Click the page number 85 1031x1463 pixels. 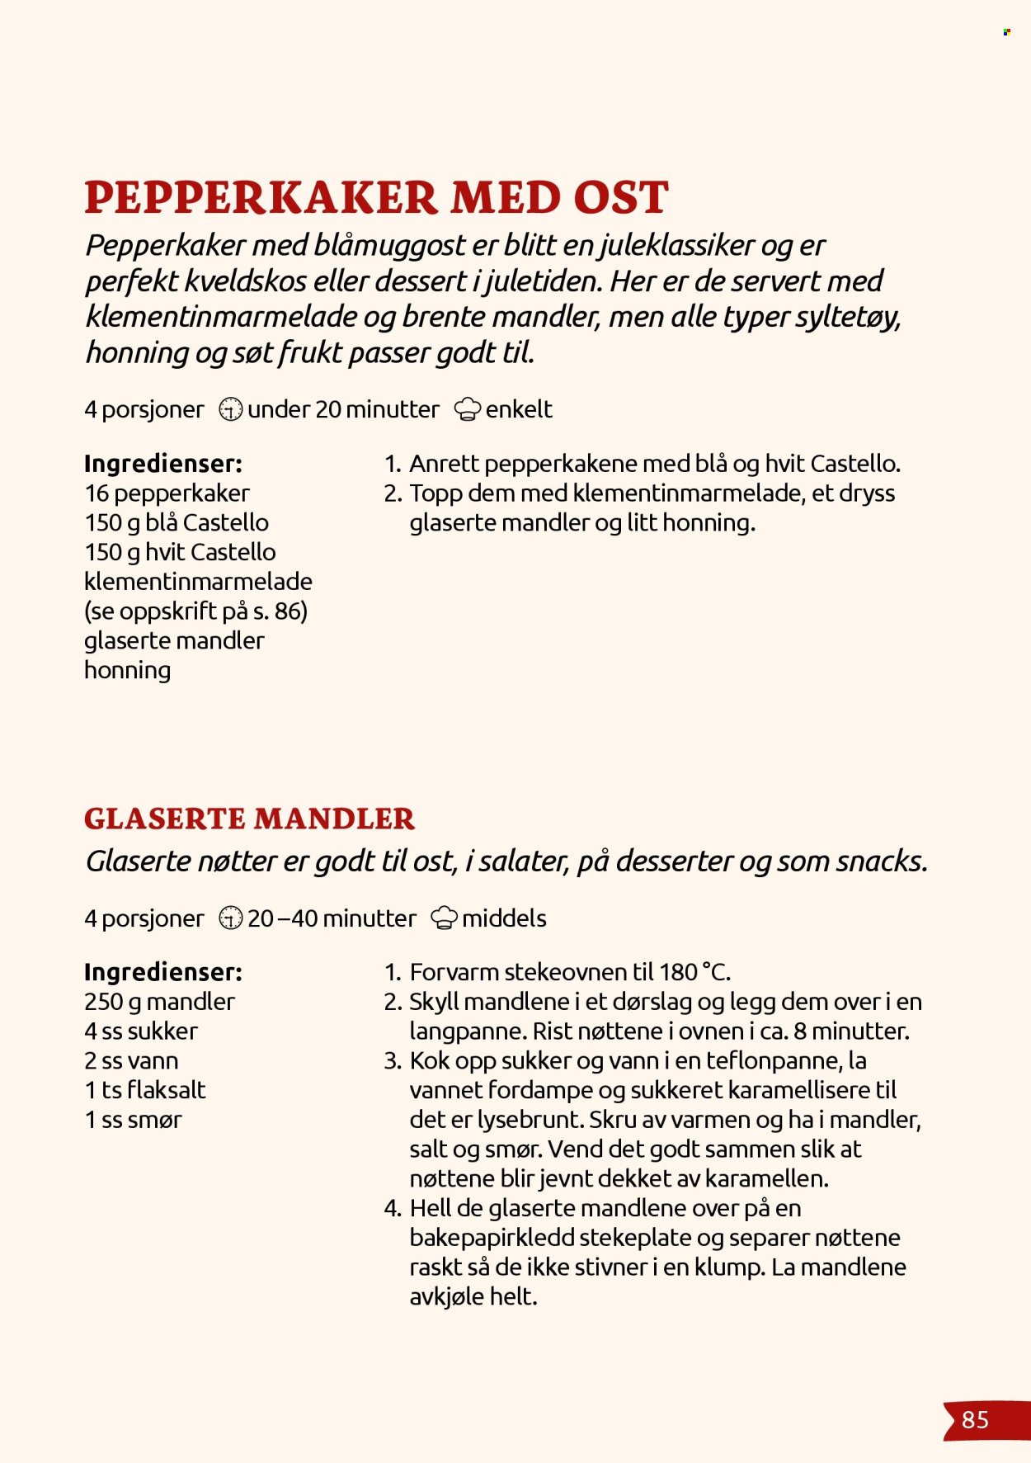pyautogui.click(x=975, y=1419)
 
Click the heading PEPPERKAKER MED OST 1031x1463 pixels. pyautogui.click(x=376, y=198)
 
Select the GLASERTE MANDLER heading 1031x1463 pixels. pyautogui.click(x=249, y=819)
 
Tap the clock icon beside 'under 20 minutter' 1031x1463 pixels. pyautogui.click(x=230, y=409)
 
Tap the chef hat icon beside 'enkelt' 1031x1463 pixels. pyautogui.click(x=468, y=409)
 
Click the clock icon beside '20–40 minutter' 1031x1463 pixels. pyautogui.click(x=230, y=918)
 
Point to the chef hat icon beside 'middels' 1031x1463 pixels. pyautogui.click(x=445, y=918)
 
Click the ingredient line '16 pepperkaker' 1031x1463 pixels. pyautogui.click(x=167, y=493)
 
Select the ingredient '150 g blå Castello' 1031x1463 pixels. pyautogui.click(x=177, y=523)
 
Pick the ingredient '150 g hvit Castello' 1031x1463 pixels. pyautogui.click(x=180, y=552)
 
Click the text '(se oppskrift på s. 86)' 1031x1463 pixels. pyautogui.click(x=195, y=611)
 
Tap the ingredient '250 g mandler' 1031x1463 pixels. pyautogui.click(x=159, y=1002)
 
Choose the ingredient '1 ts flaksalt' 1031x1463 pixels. pyautogui.click(x=145, y=1090)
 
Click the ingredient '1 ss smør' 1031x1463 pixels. pyautogui.click(x=134, y=1120)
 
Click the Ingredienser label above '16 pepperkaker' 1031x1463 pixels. pyautogui.click(x=163, y=464)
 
